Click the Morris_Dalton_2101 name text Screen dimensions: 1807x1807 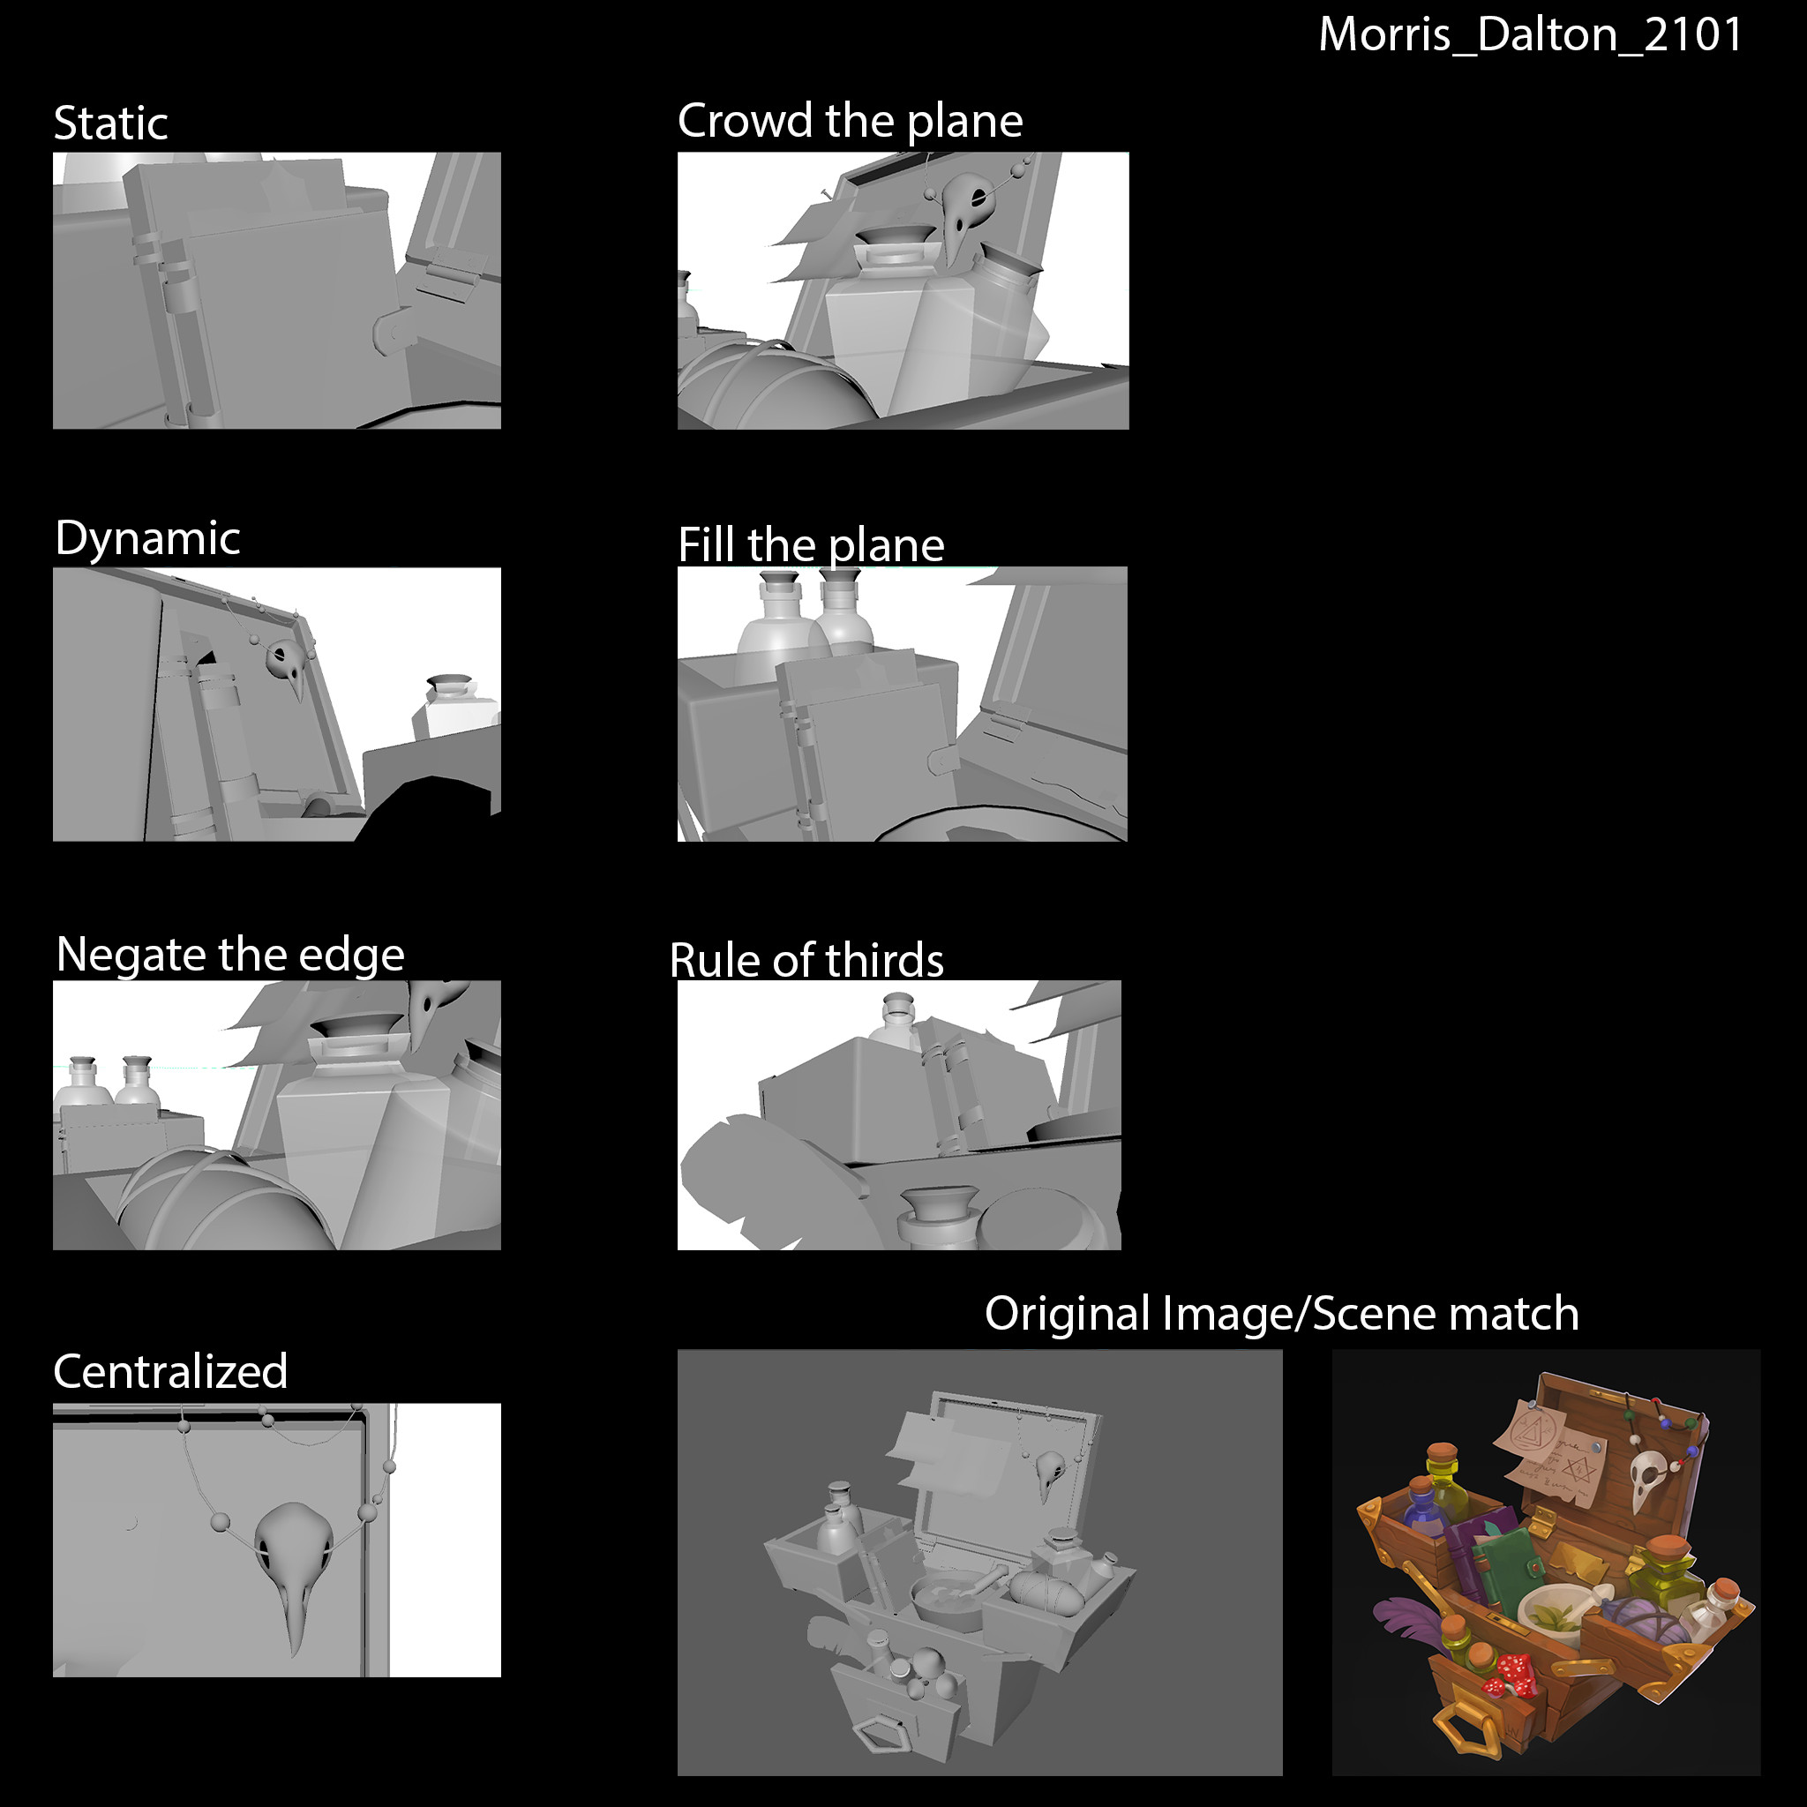1530,35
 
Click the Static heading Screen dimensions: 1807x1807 110,124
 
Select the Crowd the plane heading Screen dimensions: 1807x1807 851,122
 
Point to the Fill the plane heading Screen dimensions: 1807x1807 811,544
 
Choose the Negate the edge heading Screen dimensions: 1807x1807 230,956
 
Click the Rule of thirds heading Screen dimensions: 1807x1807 806,960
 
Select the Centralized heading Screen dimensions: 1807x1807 170,1372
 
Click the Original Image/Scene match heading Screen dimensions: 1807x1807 1281,1315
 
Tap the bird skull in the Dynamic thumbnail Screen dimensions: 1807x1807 287,667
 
